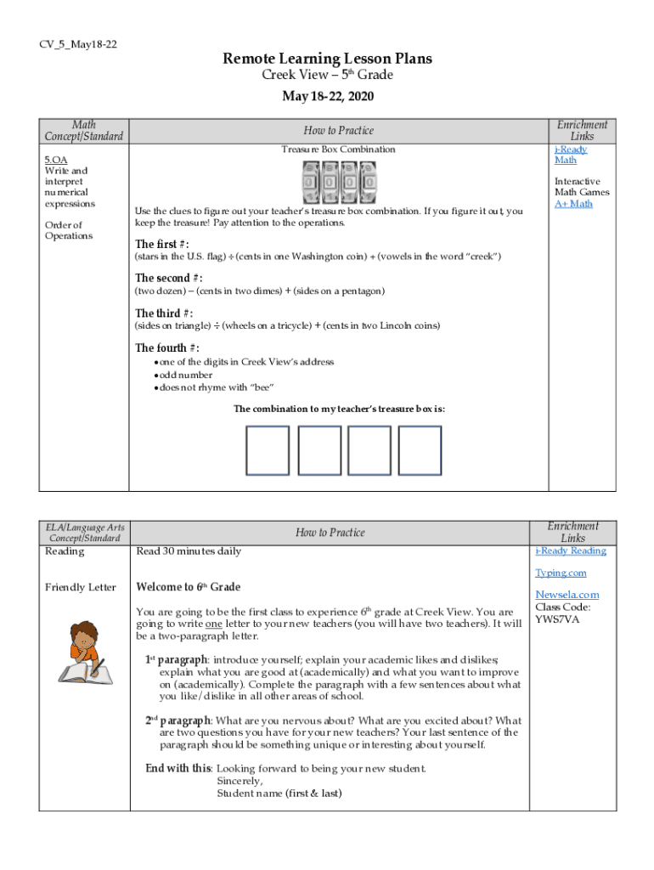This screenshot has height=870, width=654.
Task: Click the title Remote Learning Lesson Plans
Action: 327,59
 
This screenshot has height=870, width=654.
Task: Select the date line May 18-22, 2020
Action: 327,97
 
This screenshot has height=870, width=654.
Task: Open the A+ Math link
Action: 573,204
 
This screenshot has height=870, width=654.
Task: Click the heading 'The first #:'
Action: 168,245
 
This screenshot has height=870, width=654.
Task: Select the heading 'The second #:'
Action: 169,278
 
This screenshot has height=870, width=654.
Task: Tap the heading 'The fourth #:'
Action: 168,347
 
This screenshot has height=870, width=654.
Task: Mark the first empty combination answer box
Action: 268,450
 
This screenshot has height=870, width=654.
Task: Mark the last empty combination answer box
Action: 420,450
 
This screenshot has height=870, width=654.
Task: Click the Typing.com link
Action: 561,573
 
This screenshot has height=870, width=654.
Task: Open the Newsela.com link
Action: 567,595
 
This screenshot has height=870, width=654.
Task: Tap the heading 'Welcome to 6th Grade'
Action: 189,587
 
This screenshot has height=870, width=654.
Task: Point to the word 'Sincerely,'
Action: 240,781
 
